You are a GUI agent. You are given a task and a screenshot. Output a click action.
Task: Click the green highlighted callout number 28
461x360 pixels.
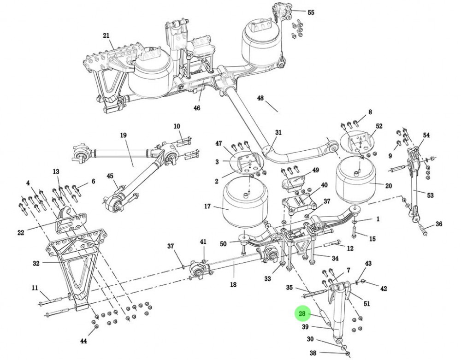(x=302, y=314)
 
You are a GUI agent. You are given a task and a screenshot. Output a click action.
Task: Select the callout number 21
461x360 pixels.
(x=106, y=35)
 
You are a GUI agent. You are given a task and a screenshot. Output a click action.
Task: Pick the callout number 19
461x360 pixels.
(x=123, y=135)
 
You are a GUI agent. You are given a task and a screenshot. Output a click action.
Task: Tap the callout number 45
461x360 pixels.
(x=110, y=176)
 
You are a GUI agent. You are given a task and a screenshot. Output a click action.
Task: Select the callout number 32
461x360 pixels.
(x=36, y=263)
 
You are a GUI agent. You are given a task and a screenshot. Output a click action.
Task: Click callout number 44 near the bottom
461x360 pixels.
(x=83, y=341)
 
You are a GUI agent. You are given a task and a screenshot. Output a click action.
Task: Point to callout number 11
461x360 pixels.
(x=35, y=288)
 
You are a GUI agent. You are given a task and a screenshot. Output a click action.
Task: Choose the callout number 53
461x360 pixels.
(x=430, y=195)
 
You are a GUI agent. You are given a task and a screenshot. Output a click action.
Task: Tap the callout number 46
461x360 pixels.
(x=197, y=108)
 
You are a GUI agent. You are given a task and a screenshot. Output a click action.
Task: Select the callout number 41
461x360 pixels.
(x=203, y=242)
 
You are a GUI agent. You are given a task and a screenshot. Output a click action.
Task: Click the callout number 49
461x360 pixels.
(x=315, y=170)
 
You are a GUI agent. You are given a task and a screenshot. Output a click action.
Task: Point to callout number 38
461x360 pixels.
(x=313, y=354)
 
